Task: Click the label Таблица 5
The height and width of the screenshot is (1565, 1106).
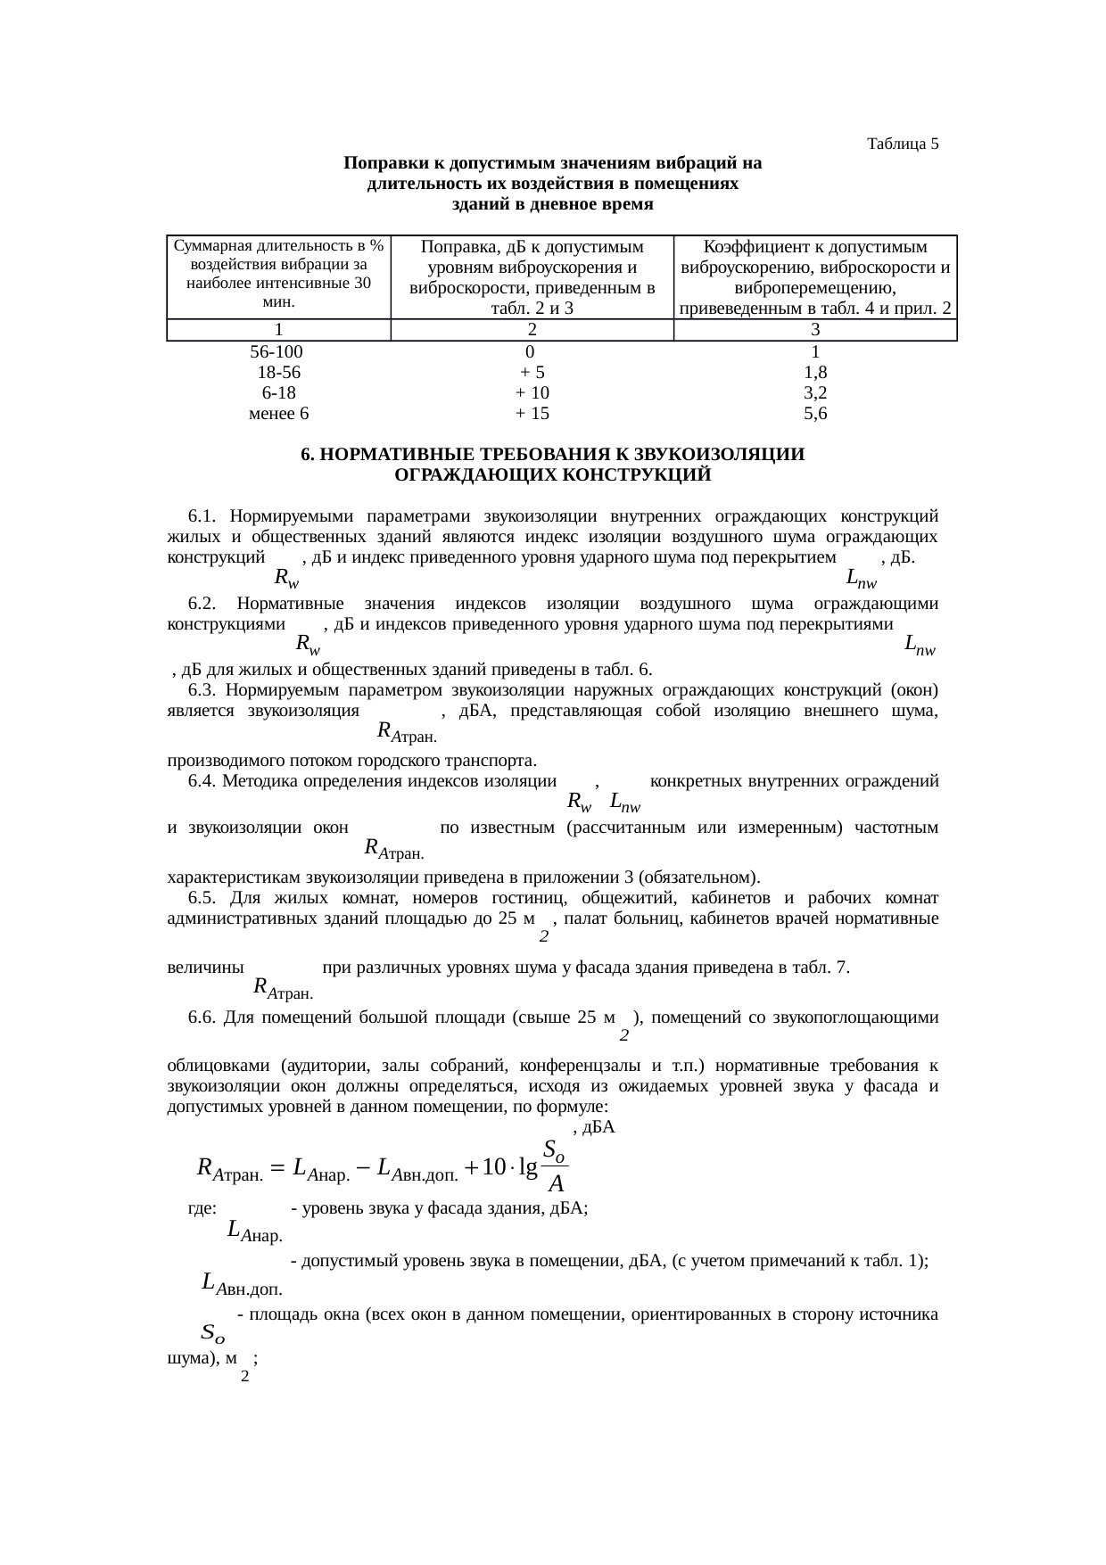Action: [x=903, y=144]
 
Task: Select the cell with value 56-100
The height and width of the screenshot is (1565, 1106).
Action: [x=277, y=351]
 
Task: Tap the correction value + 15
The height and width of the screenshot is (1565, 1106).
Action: [x=532, y=414]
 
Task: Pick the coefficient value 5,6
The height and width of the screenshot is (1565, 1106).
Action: [x=815, y=414]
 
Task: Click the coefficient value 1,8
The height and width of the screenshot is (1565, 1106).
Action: [x=815, y=372]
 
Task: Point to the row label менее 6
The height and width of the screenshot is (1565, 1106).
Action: [x=278, y=414]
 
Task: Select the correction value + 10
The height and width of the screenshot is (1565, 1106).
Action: [x=532, y=393]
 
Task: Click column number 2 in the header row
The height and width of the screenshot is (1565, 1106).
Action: [x=532, y=329]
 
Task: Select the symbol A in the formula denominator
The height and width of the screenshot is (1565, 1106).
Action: [x=556, y=1184]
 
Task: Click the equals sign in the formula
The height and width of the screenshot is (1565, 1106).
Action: [x=276, y=1167]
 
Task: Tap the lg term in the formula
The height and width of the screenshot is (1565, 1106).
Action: [x=526, y=1168]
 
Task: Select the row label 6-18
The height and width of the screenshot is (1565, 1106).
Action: [x=278, y=393]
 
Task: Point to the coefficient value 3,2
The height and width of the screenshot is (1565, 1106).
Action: [x=815, y=393]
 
